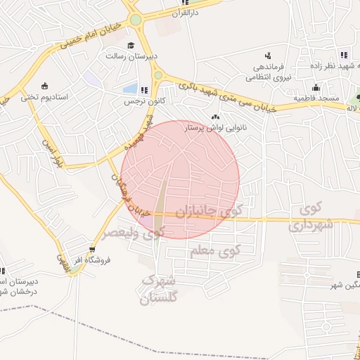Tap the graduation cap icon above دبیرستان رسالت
coord(130,46)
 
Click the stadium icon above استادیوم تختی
coord(45,86)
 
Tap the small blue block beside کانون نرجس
coord(130,89)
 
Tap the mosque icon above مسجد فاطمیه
coord(316,88)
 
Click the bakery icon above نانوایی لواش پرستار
coord(215,116)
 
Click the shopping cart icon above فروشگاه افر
coord(92,249)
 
